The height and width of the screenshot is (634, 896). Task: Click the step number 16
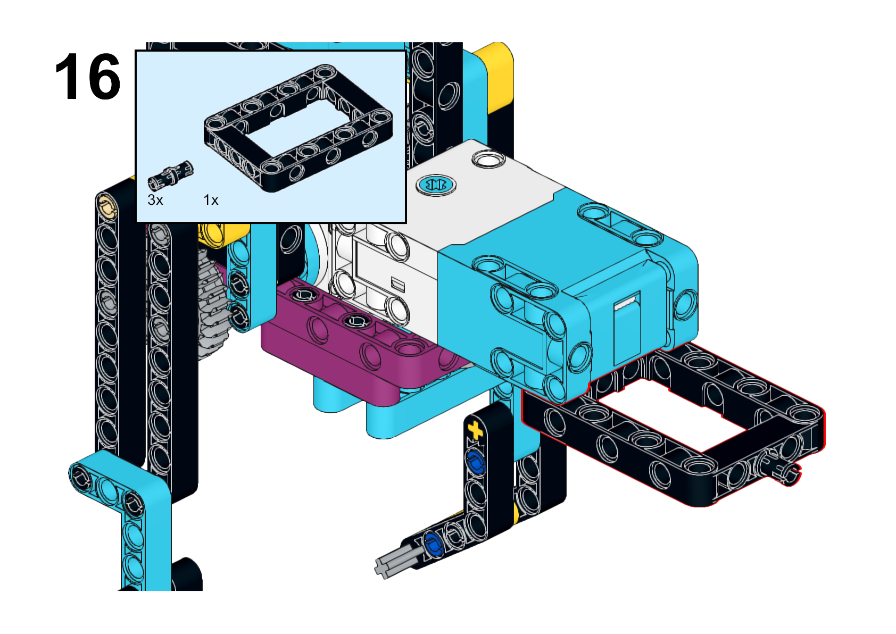click(x=88, y=76)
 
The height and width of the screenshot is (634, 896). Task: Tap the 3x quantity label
click(x=155, y=200)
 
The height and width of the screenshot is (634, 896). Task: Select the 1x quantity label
click(x=211, y=200)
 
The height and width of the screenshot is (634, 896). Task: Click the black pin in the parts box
click(x=170, y=176)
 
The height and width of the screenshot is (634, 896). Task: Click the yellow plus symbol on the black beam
click(x=475, y=430)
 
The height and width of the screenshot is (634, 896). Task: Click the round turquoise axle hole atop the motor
click(x=436, y=185)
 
